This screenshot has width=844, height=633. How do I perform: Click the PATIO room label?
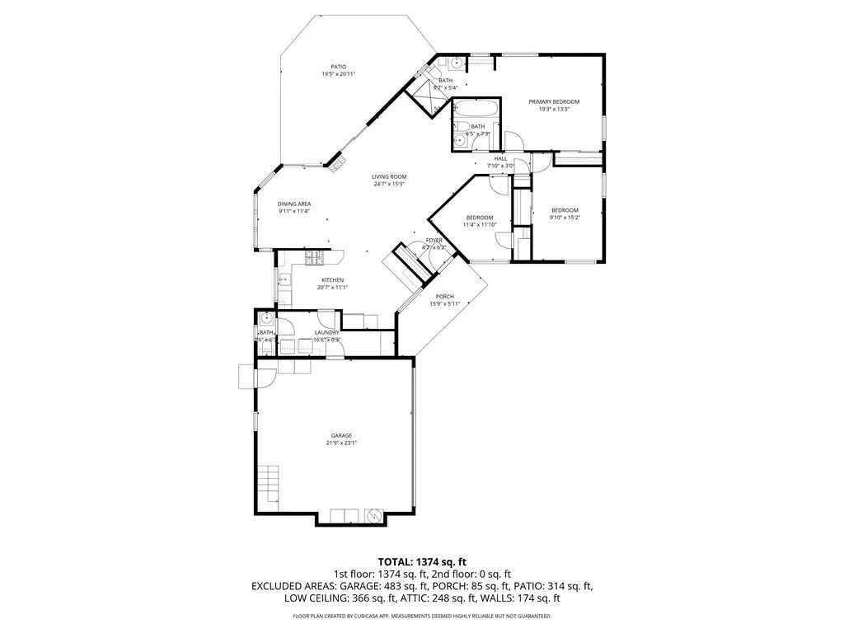pos(338,67)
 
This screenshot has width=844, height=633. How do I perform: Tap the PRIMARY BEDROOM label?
pos(554,101)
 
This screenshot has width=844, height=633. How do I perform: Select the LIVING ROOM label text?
pos(389,176)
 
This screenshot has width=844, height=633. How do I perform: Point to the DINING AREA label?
pos(293,204)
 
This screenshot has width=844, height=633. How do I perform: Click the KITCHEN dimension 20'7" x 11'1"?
pos(332,288)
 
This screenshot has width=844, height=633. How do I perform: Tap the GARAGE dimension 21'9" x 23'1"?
pos(342,443)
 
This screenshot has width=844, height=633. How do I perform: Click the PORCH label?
pos(445,296)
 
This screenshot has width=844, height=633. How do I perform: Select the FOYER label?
pos(434,240)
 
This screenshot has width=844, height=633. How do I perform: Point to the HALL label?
pos(500,158)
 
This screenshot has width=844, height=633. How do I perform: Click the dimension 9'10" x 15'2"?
pos(565,218)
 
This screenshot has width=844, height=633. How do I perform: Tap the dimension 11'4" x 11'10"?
pos(480,224)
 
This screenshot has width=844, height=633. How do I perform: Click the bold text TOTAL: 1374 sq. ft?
pos(422,561)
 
